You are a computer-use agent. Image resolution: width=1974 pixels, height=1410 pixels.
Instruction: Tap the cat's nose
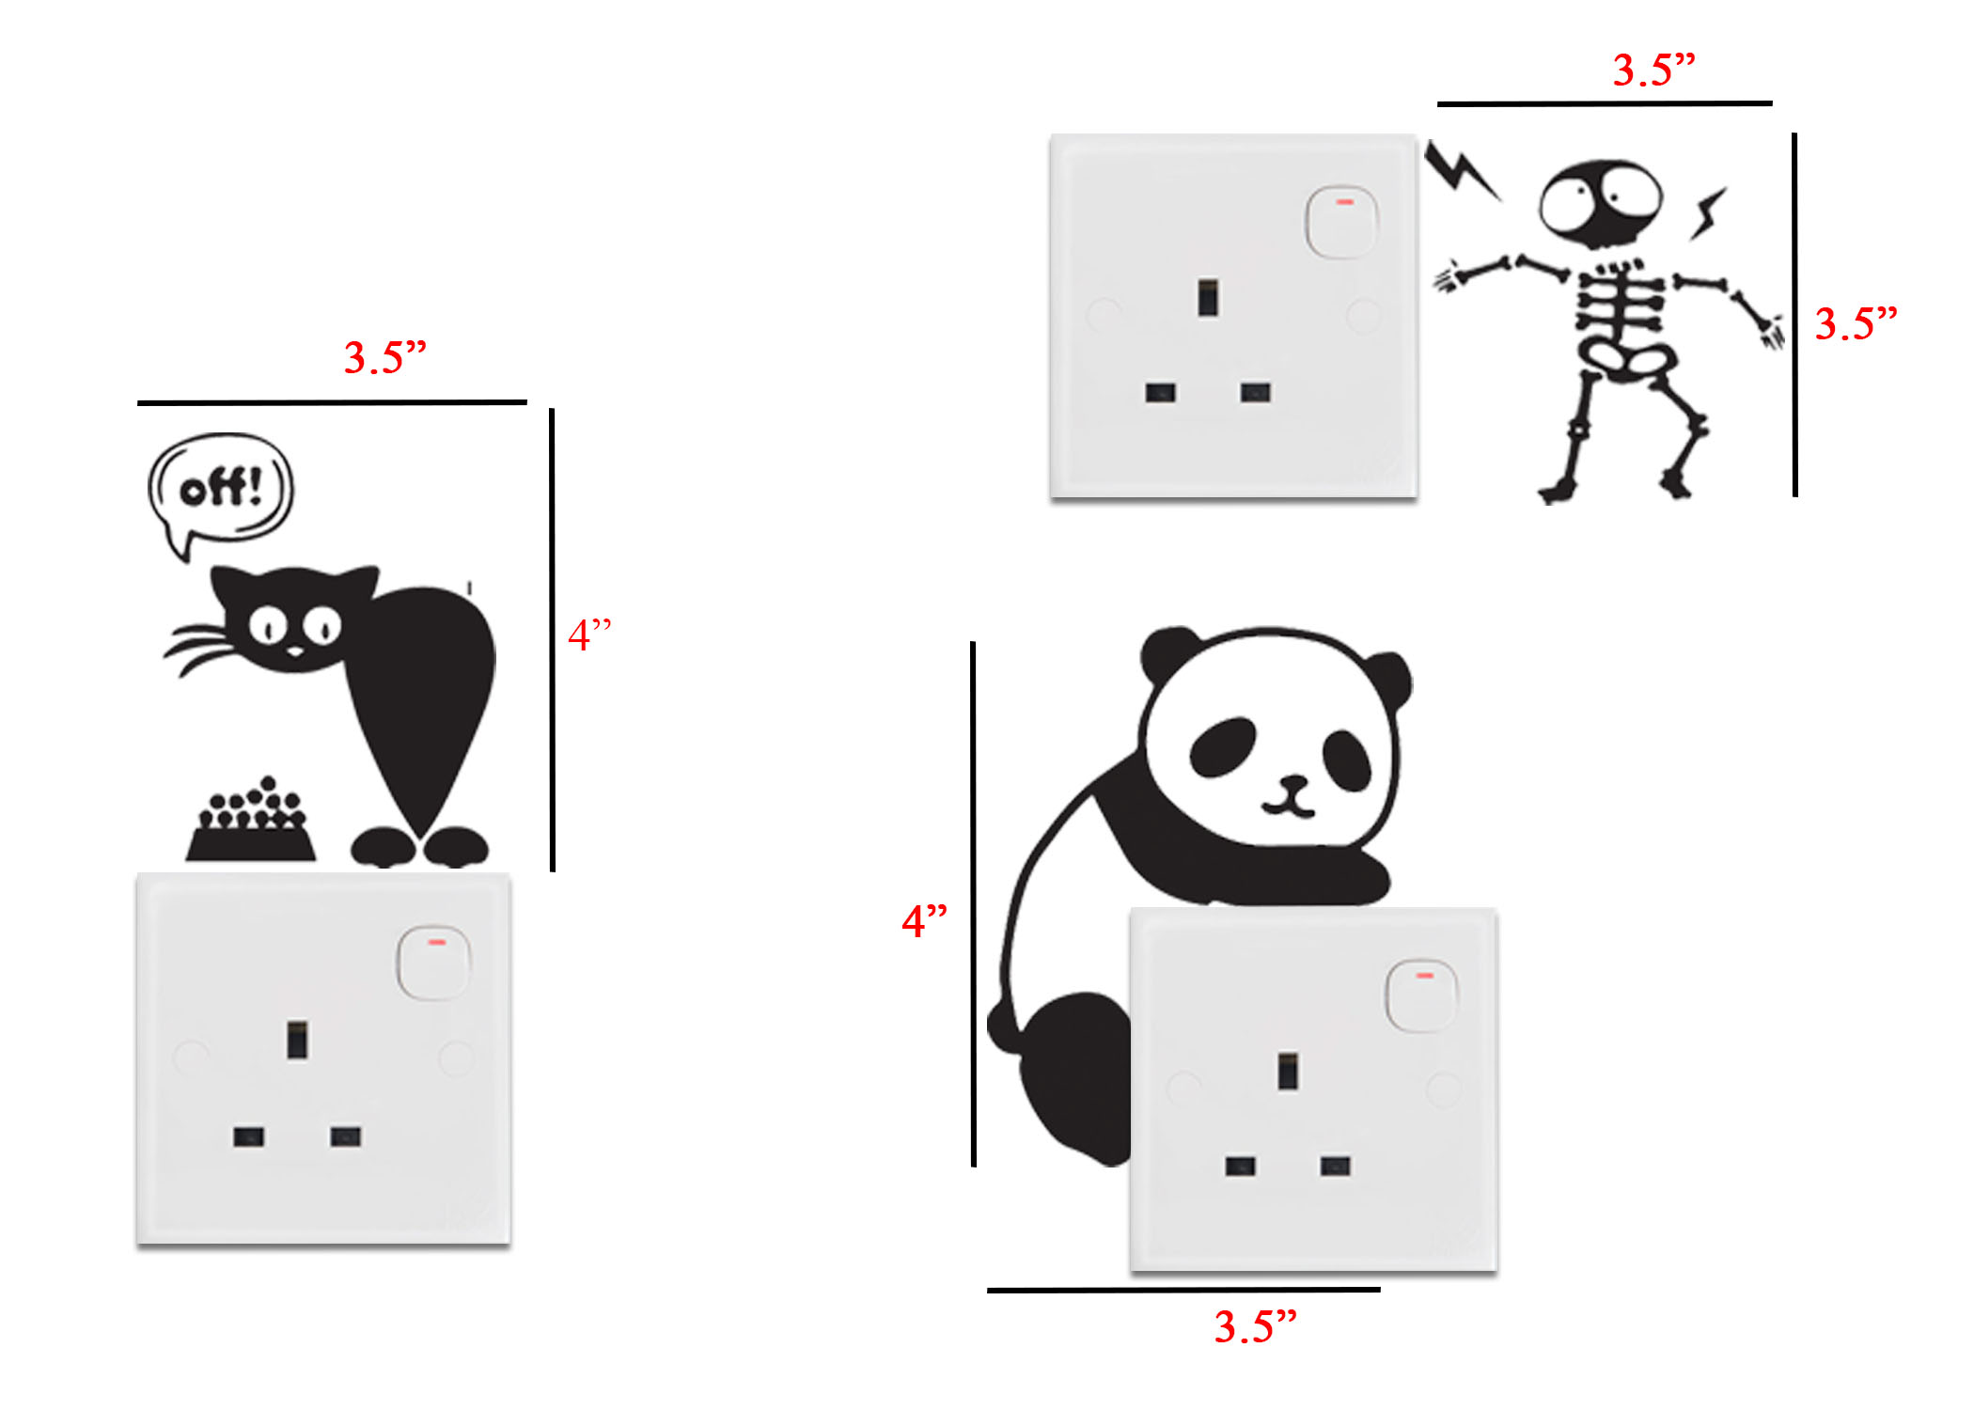(x=294, y=650)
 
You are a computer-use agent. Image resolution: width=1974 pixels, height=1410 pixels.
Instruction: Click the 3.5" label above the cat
(x=384, y=358)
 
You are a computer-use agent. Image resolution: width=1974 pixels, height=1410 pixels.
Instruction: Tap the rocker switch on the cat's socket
(x=433, y=963)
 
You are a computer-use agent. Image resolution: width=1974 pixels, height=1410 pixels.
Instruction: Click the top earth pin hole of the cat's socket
(x=297, y=1041)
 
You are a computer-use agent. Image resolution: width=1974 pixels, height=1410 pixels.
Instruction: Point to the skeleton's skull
(x=1600, y=203)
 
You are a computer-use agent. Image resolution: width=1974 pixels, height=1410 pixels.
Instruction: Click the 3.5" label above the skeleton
(x=1653, y=70)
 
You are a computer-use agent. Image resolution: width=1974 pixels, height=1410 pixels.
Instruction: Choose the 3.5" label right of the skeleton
(x=1855, y=324)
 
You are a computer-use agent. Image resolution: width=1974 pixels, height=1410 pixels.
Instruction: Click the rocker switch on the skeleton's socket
(x=1341, y=221)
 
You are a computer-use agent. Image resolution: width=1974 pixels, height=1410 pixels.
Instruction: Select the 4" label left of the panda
(x=924, y=921)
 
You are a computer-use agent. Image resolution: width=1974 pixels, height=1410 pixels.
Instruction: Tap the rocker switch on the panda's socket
(x=1421, y=995)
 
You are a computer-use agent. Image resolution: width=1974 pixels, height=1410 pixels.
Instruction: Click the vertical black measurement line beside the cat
(x=553, y=639)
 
